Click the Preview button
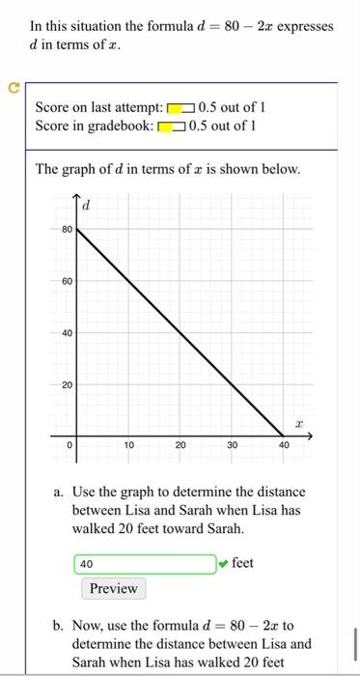[x=114, y=588]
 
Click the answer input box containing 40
[x=144, y=564]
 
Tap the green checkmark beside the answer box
[x=224, y=563]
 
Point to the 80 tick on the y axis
[x=67, y=230]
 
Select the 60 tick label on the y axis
[x=67, y=282]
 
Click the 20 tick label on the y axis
[x=67, y=385]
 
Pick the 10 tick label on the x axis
[x=128, y=446]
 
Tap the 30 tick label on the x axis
[x=232, y=446]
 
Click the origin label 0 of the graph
[x=69, y=446]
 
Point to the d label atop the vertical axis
[x=85, y=206]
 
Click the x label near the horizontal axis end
[x=300, y=423]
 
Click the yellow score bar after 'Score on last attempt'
[x=180, y=107]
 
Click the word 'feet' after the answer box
[x=243, y=562]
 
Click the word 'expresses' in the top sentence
[x=302, y=26]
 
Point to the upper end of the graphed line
[x=77, y=230]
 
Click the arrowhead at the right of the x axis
[x=311, y=437]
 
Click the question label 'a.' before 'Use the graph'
[x=60, y=493]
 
